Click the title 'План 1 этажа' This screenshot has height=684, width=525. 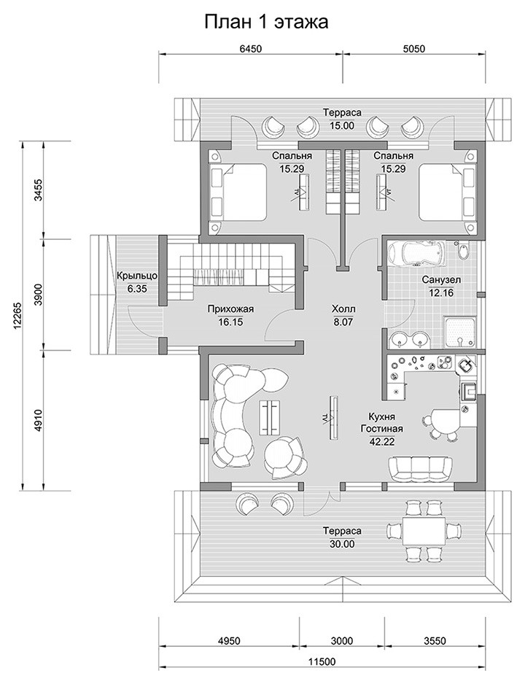coord(266,23)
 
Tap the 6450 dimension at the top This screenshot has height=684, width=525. coord(250,49)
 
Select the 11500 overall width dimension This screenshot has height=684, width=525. coord(324,661)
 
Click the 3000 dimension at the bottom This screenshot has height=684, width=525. coord(342,641)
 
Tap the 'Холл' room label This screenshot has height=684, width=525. coord(343,309)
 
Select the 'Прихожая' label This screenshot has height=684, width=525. coord(230,310)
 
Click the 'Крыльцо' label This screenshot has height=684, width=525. coord(136,276)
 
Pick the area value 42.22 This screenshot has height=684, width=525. coord(381,440)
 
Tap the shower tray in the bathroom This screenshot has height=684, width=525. coord(459,333)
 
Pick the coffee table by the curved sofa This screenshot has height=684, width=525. coord(271,417)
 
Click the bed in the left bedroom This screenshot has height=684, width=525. coord(238,193)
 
